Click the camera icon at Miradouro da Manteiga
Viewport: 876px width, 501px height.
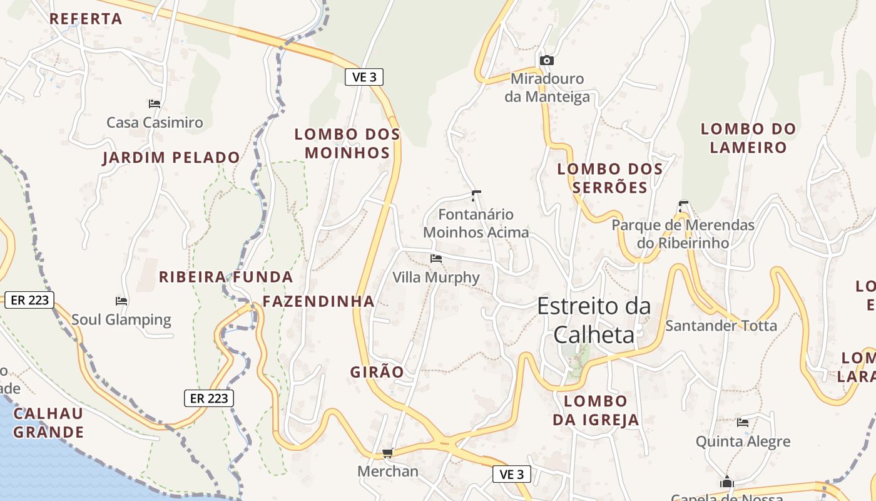tap(547, 60)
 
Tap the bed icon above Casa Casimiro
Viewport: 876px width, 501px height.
tap(155, 103)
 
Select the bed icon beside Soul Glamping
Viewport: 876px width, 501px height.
tap(121, 301)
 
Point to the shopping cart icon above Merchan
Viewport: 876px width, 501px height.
tap(387, 453)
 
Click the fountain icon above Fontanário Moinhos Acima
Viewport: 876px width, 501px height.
tap(476, 195)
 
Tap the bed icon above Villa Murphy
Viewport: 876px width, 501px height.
tap(436, 258)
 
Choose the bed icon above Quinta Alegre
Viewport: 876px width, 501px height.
tap(743, 422)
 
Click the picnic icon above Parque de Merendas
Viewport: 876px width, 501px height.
tap(683, 205)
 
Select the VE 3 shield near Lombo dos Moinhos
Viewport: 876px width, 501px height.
tap(364, 77)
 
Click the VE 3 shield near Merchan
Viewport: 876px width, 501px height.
tap(512, 474)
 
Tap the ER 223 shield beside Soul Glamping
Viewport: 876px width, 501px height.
tap(30, 300)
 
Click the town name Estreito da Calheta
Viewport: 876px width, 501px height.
tap(593, 320)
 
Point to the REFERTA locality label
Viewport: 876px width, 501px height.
tap(86, 19)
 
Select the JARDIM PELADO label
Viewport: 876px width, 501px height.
tap(171, 157)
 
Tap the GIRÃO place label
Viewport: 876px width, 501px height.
tap(377, 371)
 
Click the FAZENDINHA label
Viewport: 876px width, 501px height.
tap(318, 301)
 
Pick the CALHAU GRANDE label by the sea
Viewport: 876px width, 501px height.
tap(48, 423)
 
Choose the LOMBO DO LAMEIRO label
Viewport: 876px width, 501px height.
tap(748, 138)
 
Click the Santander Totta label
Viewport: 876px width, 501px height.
tap(721, 326)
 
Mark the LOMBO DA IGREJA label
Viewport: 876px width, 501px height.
tap(596, 410)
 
